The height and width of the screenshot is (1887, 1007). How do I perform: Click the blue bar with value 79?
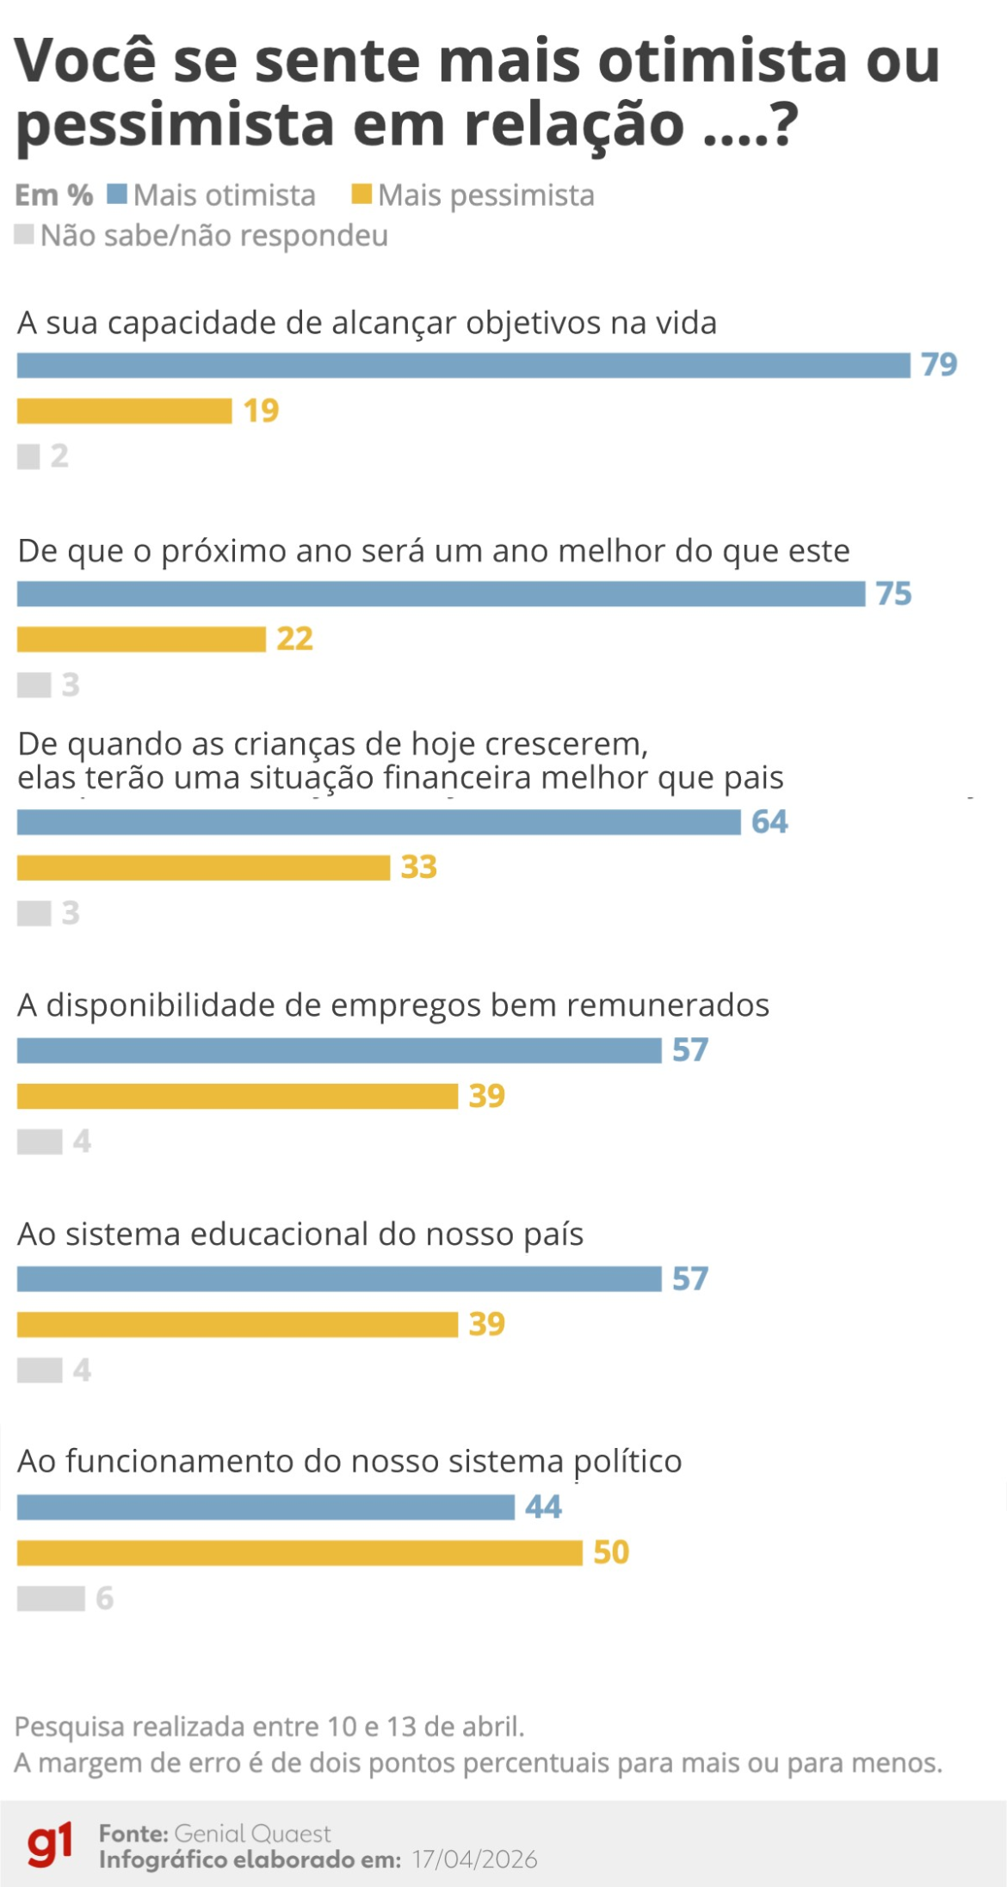463,365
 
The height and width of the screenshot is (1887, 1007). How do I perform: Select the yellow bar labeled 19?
125,411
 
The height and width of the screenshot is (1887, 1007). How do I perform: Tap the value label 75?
893,594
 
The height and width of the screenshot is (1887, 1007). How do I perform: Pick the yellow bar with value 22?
141,640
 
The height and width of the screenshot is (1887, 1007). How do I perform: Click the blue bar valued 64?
379,822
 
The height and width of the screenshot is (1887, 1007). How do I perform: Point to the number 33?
418,867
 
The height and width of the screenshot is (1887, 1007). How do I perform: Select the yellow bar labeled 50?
300,1553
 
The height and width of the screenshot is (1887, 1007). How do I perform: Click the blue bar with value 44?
265,1507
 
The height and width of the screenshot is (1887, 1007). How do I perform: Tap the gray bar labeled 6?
51,1599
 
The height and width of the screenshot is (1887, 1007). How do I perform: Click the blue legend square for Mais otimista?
117,195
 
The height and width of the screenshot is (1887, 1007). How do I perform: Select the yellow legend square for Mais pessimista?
361,195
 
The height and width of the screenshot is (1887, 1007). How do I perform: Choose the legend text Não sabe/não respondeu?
213,235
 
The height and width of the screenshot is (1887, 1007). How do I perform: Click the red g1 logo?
50,1845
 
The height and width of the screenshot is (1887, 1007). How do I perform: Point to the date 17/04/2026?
474,1859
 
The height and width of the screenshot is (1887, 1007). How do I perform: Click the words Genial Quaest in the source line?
252,1833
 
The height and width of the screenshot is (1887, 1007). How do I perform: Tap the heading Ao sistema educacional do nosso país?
300,1234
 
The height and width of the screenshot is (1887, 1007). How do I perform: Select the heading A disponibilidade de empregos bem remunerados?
392,1005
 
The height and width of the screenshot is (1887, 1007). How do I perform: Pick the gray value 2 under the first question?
59,456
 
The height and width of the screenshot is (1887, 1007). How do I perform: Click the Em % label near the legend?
53,195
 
